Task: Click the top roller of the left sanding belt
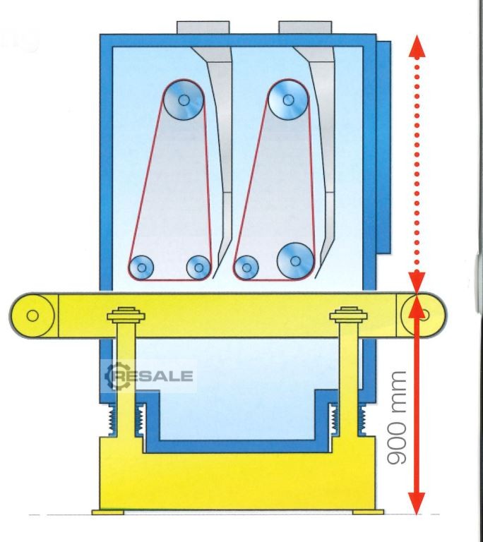184,100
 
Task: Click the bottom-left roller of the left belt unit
141,267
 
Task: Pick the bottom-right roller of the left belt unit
198,267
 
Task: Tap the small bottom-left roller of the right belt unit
246,267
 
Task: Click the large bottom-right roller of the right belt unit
295,260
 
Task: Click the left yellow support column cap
128,313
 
